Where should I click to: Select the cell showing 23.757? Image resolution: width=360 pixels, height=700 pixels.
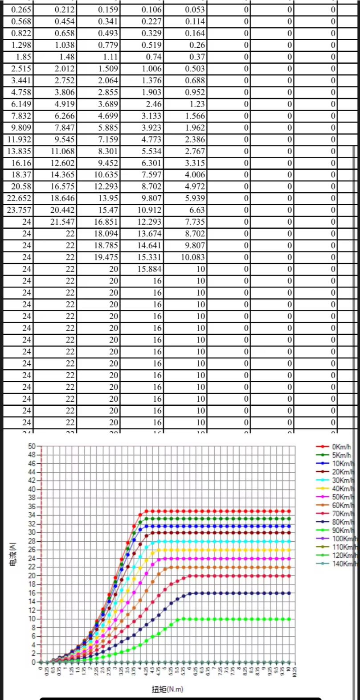(x=19, y=210)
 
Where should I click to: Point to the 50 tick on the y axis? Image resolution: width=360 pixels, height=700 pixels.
(x=31, y=446)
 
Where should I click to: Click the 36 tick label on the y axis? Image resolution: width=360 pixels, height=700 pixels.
(x=31, y=506)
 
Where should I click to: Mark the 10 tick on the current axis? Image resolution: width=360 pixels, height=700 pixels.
(x=31, y=619)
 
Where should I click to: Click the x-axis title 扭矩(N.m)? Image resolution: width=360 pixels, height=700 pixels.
(x=167, y=689)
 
